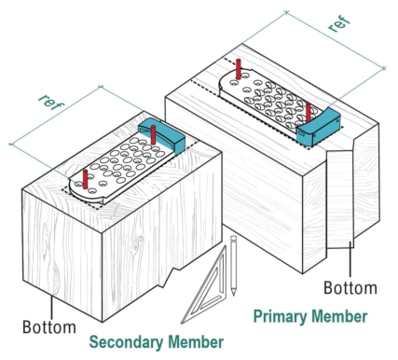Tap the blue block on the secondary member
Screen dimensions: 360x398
(x=161, y=135)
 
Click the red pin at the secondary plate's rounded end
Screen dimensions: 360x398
(x=85, y=178)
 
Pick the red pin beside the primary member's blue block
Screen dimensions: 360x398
(x=309, y=112)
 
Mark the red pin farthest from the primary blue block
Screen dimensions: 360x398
(x=239, y=69)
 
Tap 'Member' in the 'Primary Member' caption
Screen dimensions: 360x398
(x=338, y=316)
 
